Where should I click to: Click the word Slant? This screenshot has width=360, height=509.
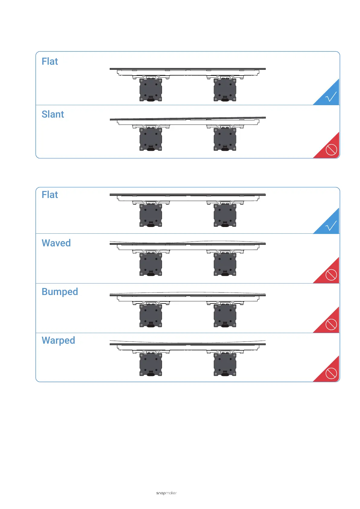(53, 114)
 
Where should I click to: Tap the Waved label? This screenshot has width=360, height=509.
(56, 243)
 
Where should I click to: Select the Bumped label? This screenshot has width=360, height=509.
(60, 292)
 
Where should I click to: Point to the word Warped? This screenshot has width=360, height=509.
(58, 340)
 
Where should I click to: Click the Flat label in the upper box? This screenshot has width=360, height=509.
(50, 61)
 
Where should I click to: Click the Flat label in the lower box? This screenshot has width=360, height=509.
(50, 195)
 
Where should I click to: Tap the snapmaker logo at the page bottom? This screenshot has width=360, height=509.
(166, 493)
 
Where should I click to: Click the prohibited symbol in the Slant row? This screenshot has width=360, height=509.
(331, 149)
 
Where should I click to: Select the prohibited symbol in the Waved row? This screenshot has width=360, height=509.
(331, 275)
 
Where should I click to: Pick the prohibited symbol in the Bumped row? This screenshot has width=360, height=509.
(331, 324)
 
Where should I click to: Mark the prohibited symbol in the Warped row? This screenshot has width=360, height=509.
(331, 373)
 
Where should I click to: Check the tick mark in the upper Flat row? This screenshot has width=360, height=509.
(331, 97)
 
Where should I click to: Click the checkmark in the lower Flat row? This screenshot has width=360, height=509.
(331, 226)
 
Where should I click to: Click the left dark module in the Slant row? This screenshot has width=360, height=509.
(151, 139)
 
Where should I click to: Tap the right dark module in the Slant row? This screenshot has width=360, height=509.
(225, 139)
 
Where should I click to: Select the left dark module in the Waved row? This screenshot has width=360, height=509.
(151, 264)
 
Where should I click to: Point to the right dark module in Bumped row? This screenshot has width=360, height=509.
(225, 316)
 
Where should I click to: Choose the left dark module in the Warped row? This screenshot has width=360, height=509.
(151, 365)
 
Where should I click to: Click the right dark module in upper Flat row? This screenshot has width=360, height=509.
(225, 90)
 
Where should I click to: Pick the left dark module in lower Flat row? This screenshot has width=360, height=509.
(151, 215)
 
